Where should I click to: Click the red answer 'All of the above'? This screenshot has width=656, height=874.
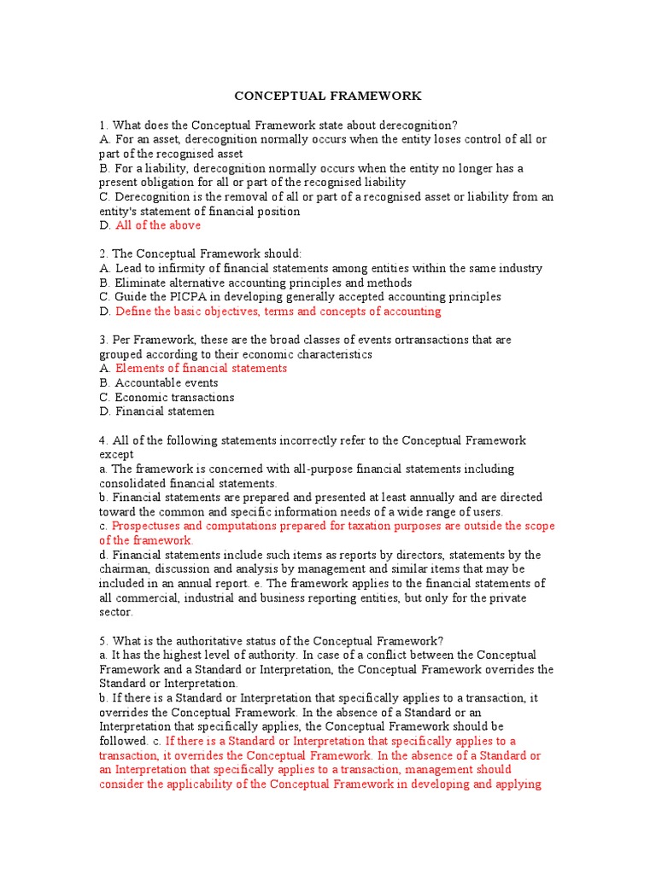click(x=158, y=225)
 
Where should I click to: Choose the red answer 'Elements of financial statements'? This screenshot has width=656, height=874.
click(x=201, y=368)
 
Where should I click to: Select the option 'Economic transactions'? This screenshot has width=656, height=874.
click(x=174, y=397)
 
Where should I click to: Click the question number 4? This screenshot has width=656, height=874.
click(x=102, y=440)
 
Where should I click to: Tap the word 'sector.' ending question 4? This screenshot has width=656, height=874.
click(x=115, y=612)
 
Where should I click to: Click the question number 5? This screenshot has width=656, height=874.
click(x=102, y=641)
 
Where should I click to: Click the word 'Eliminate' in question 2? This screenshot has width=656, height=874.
click(x=141, y=283)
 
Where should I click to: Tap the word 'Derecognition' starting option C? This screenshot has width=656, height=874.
click(x=152, y=196)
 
